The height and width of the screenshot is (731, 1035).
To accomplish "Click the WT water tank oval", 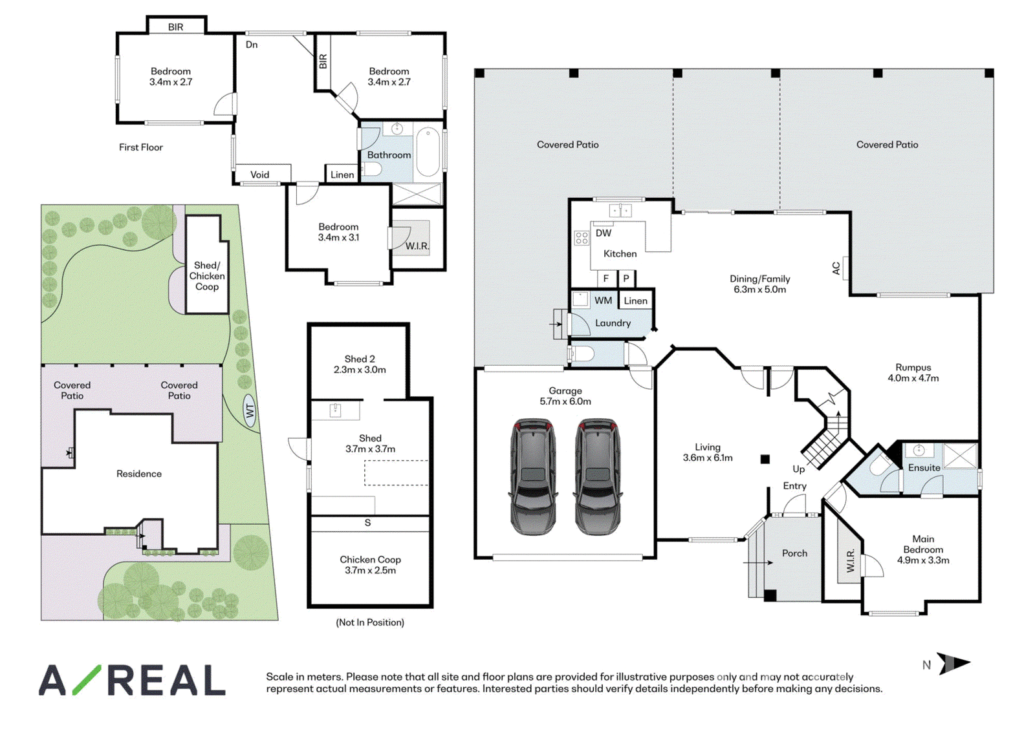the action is [x=250, y=410].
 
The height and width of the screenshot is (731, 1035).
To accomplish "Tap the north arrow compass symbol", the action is [x=953, y=664].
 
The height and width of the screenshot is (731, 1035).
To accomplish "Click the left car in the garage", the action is [x=532, y=477].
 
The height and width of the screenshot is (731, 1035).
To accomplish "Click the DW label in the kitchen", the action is [x=604, y=233].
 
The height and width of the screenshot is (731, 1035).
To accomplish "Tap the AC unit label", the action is [x=836, y=268].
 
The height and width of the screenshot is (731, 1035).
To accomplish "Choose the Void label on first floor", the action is [x=259, y=175].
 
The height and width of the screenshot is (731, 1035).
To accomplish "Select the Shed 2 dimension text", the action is [x=360, y=370].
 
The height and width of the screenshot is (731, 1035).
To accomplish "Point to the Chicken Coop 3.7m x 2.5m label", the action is [x=370, y=565].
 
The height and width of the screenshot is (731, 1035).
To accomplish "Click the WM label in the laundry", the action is [x=603, y=301].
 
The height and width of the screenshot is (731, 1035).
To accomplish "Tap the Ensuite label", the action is [x=924, y=468].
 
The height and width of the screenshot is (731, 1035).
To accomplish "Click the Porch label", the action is [x=794, y=553].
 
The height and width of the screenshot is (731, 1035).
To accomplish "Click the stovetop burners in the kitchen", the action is [x=582, y=238].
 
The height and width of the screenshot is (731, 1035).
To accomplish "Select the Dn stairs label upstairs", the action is [x=252, y=45].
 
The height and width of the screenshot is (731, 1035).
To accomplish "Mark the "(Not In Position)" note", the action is [x=369, y=622].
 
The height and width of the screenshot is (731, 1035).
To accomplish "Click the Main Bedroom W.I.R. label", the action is [x=851, y=560].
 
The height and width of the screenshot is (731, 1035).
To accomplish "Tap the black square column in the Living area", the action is [x=765, y=459].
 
